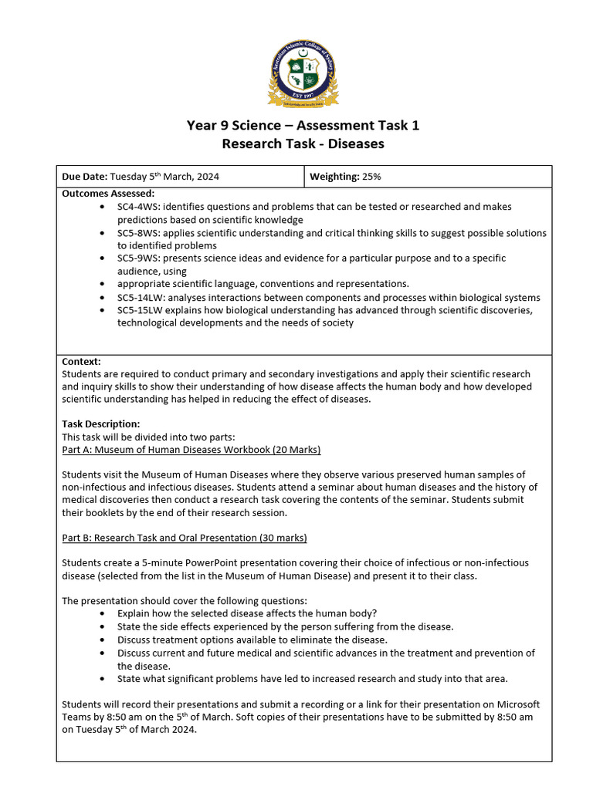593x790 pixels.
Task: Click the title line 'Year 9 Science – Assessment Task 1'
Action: click(x=303, y=125)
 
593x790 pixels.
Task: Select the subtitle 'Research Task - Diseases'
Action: click(x=303, y=143)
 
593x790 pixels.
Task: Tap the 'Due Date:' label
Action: click(x=85, y=177)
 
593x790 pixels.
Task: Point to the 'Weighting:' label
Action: click(x=334, y=177)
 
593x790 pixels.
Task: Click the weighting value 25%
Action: click(x=371, y=177)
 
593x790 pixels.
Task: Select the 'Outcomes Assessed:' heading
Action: click(x=107, y=194)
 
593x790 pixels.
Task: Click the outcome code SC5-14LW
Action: click(x=142, y=298)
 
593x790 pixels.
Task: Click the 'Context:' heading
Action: click(x=81, y=361)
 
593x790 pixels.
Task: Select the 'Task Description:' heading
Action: click(x=100, y=424)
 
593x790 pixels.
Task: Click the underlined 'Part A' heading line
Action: click(x=191, y=449)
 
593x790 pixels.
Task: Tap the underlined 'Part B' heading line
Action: click(x=184, y=537)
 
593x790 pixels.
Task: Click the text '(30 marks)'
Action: click(x=280, y=537)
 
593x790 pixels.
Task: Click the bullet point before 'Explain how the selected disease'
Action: click(x=103, y=613)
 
